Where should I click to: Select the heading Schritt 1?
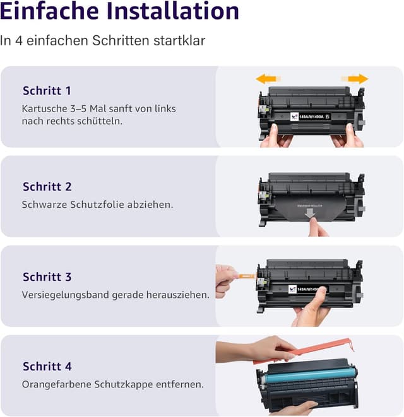[x=47, y=91]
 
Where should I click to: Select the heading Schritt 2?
[x=47, y=186]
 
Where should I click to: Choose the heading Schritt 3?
[x=47, y=277]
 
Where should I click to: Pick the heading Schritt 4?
[x=47, y=366]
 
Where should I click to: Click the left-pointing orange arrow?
[x=266, y=79]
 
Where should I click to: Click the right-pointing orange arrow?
[x=357, y=79]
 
